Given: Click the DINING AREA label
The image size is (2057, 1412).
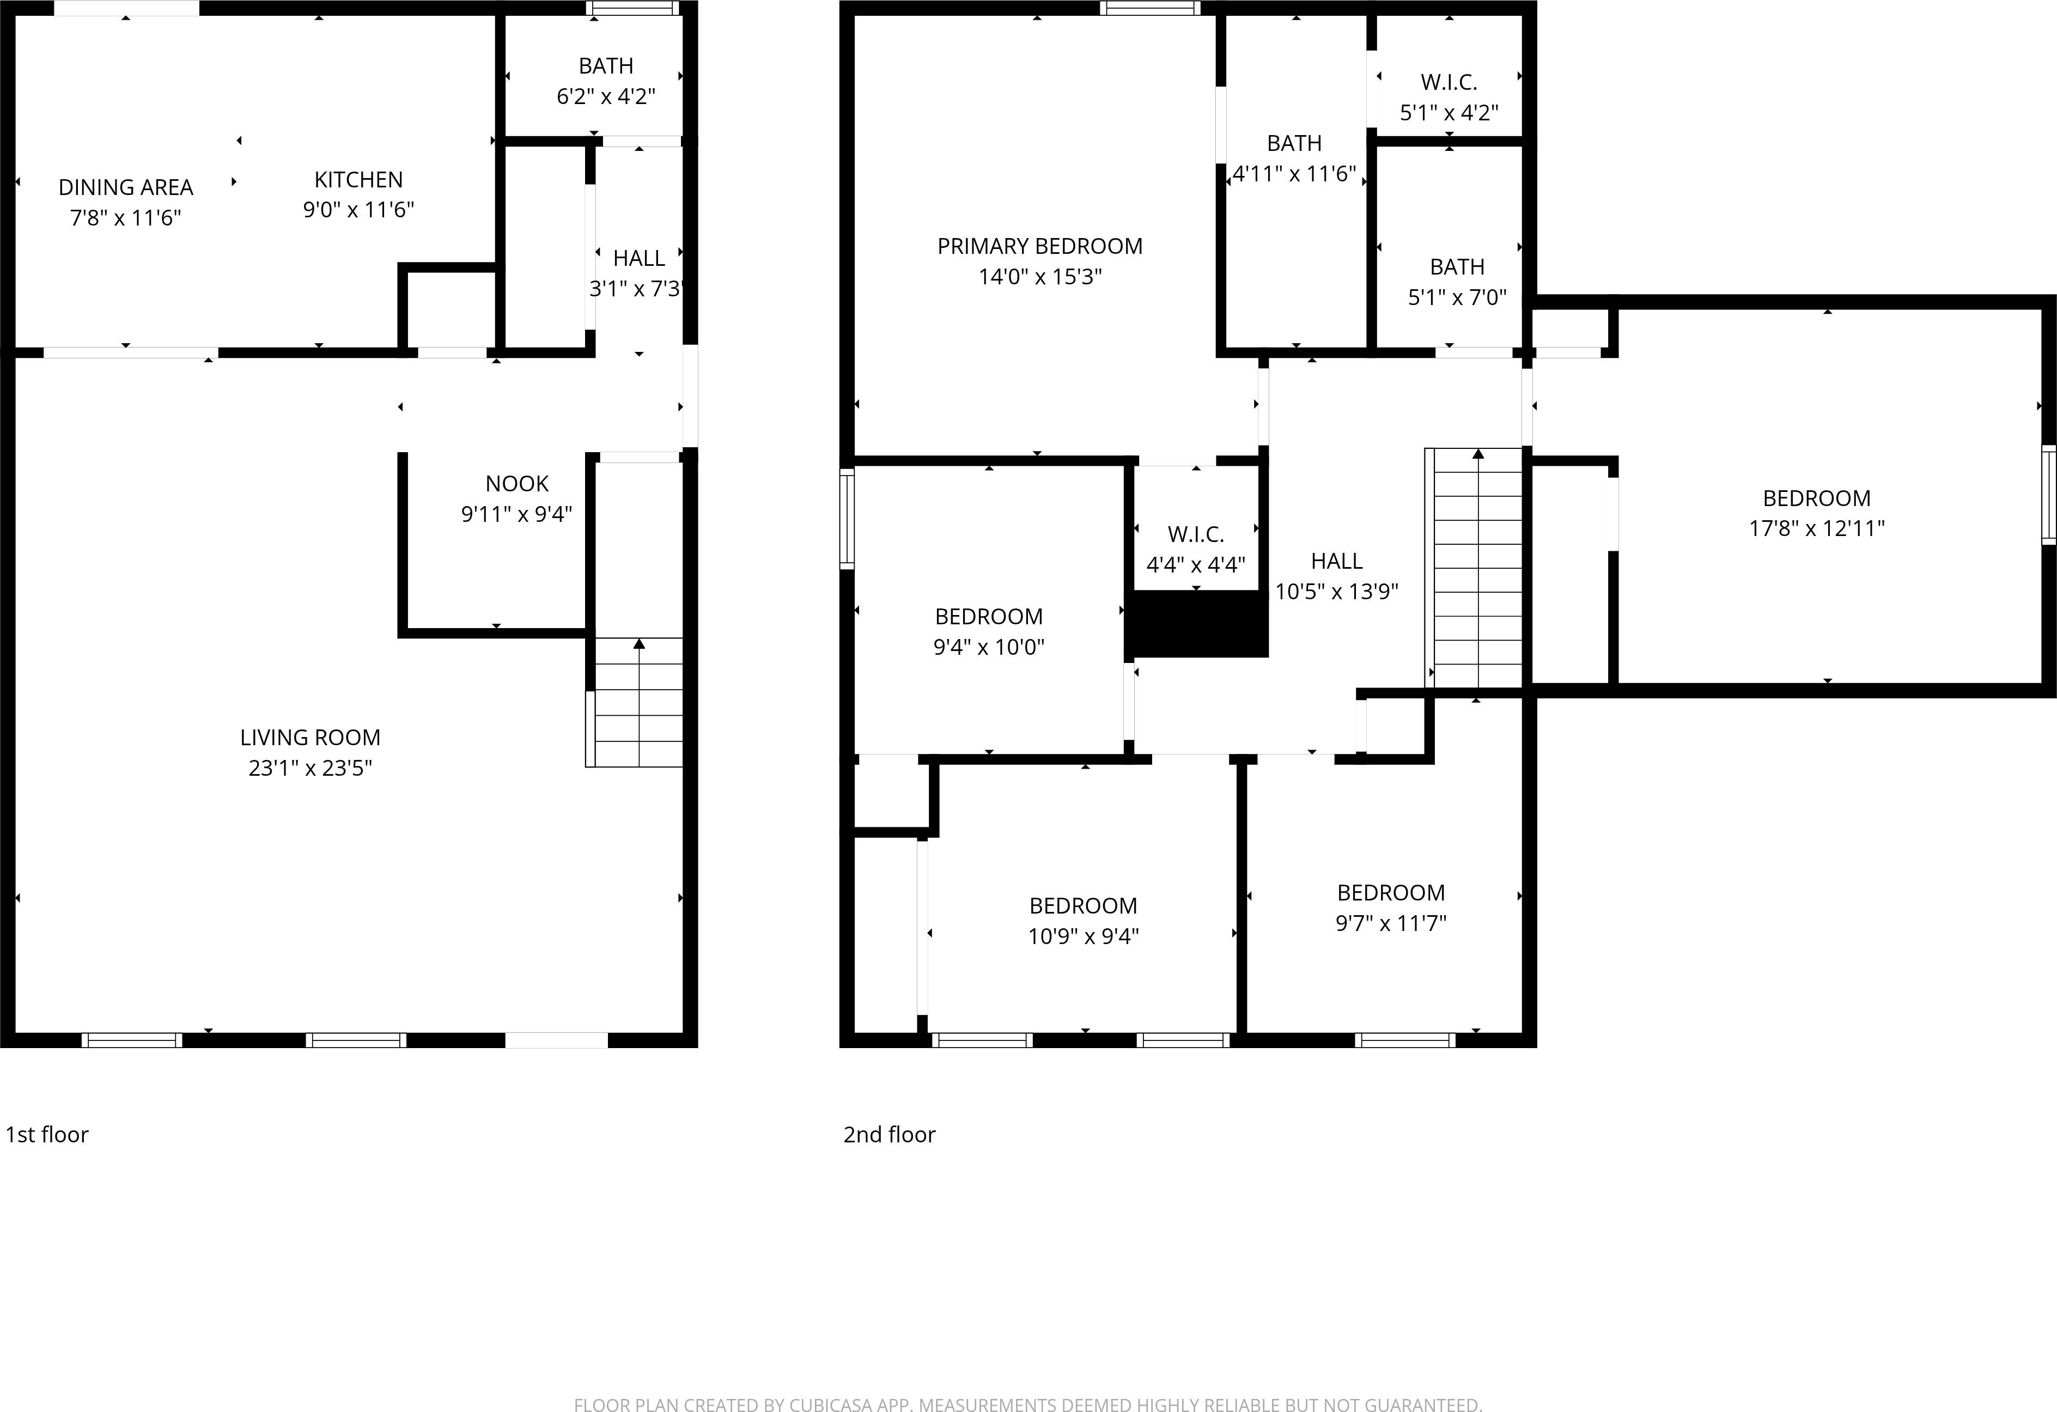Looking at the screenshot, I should coord(126,188).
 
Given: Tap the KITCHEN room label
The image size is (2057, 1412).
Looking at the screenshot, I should coord(358,180).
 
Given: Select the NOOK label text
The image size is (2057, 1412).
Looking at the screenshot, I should coord(517,483).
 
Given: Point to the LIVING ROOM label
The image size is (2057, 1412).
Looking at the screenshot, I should coord(310,738).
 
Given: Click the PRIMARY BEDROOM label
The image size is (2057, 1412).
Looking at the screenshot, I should coord(1040,246).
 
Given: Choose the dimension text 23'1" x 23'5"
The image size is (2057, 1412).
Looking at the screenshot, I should coord(310,768).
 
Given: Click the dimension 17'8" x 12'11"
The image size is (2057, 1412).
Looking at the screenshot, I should coord(1816,528).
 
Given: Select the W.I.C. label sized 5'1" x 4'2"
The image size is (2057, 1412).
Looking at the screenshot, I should coord(1449,82).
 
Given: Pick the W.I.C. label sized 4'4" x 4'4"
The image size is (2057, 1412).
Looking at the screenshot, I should coord(1196,535).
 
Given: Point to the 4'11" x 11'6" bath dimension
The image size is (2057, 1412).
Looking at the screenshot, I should coord(1294,174).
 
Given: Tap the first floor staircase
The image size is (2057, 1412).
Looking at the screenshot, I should coord(637,704).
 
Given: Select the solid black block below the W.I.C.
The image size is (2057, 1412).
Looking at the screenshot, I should coord(1200,624).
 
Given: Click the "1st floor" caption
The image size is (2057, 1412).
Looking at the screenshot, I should coord(47,1135).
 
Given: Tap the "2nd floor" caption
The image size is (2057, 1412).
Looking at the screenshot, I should coord(888,1135).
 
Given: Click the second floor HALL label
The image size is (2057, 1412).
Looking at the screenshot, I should coord(1336,561).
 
